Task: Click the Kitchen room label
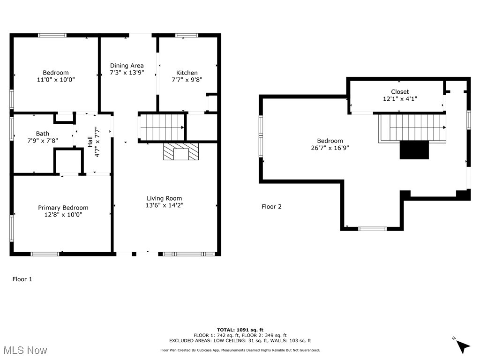point(187,73)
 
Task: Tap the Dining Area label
point(127,66)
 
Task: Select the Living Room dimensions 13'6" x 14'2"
point(164,205)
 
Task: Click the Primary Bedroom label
point(63,208)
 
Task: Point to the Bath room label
point(42,134)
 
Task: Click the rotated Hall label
point(90,142)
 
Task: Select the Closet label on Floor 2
point(400,92)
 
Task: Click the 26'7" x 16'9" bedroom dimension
point(330,148)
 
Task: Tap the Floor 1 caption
point(22,279)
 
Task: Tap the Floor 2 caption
point(271,207)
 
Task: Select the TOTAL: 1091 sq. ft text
point(240,330)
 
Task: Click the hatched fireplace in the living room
point(181,152)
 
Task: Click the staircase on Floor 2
point(412,127)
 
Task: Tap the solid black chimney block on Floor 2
point(414,150)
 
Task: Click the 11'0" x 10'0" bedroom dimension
point(56,80)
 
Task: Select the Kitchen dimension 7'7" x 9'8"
point(187,80)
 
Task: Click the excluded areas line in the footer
point(240,341)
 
